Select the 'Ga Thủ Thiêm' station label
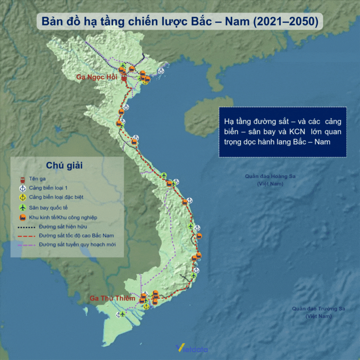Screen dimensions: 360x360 click(112, 298)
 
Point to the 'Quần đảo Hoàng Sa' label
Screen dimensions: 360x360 click(270, 176)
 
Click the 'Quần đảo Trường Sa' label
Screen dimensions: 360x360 click(319, 309)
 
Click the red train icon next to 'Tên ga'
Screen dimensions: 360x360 click(22, 179)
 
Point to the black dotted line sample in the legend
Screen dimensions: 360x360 click(26, 227)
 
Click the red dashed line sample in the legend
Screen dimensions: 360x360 click(26, 236)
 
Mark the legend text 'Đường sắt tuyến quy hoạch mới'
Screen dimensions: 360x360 click(77, 245)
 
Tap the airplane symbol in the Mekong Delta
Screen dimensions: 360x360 click(122, 314)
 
